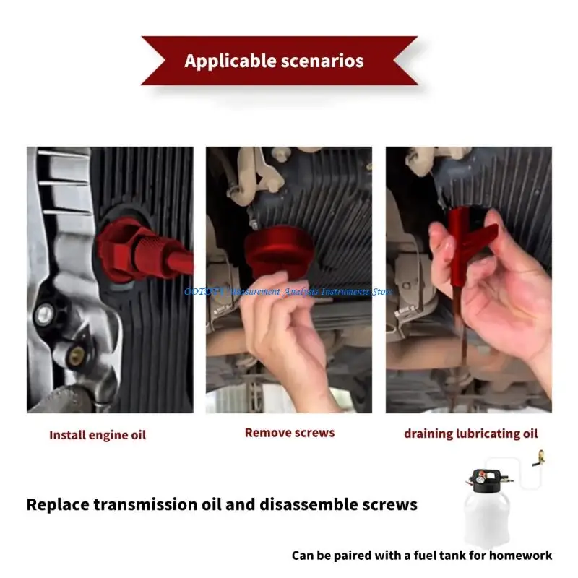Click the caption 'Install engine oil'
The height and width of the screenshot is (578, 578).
coord(98,435)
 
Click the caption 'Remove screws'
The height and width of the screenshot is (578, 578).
coord(290,433)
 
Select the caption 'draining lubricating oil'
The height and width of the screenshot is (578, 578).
coord(470,433)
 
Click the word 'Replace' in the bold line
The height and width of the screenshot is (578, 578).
coord(59,504)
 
